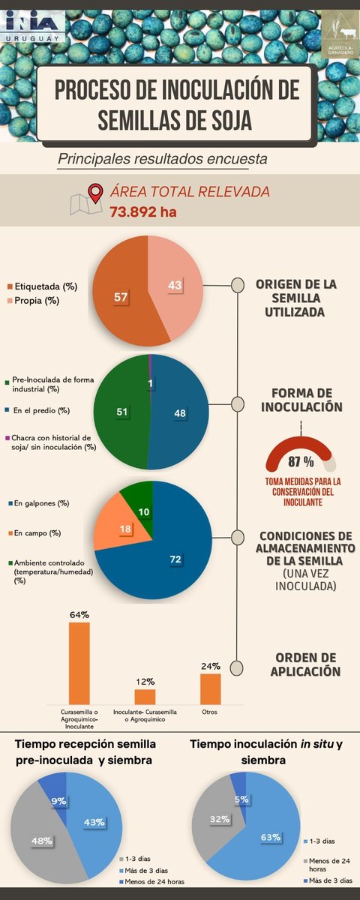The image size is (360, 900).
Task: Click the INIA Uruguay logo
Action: click(34, 29)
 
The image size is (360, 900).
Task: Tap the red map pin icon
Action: click(96, 193)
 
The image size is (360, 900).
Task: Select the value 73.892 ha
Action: click(143, 211)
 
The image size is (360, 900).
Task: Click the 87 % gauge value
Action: click(301, 460)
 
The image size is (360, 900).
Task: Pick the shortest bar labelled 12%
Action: click(145, 696)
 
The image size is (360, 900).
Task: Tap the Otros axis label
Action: click(211, 710)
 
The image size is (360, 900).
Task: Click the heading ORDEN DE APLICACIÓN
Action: click(297, 664)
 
